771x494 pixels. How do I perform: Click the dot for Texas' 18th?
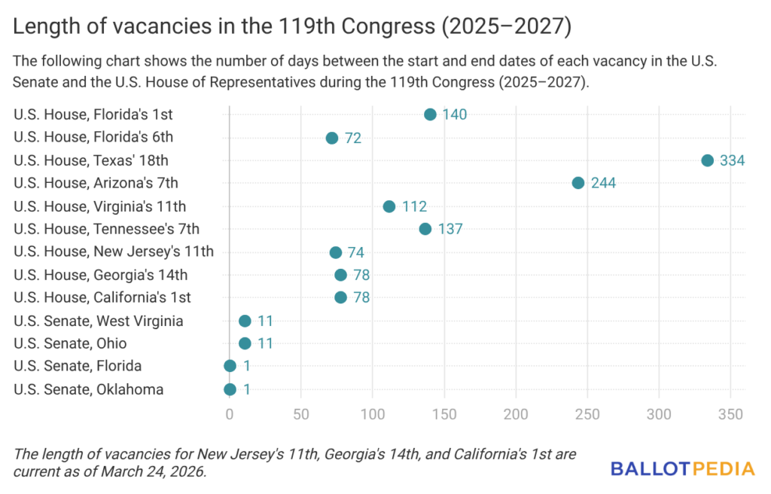707,160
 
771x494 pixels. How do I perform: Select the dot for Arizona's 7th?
578,183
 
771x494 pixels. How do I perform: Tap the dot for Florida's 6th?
332,138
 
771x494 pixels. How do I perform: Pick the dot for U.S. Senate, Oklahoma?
230,389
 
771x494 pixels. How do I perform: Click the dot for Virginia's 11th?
389,206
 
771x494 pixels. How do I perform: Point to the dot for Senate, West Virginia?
245,321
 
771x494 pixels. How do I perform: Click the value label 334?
731,160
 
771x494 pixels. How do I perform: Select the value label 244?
603,183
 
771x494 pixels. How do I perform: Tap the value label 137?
450,229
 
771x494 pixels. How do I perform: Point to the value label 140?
455,114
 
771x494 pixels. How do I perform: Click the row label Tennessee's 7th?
106,229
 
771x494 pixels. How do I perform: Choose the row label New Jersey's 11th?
114,252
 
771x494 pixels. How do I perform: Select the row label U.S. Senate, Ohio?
70,343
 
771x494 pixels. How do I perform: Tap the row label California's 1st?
102,297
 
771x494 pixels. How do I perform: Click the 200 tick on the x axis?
516,414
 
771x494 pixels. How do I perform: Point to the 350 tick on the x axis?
731,414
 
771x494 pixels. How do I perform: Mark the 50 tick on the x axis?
301,414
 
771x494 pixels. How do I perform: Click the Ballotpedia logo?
682,469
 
